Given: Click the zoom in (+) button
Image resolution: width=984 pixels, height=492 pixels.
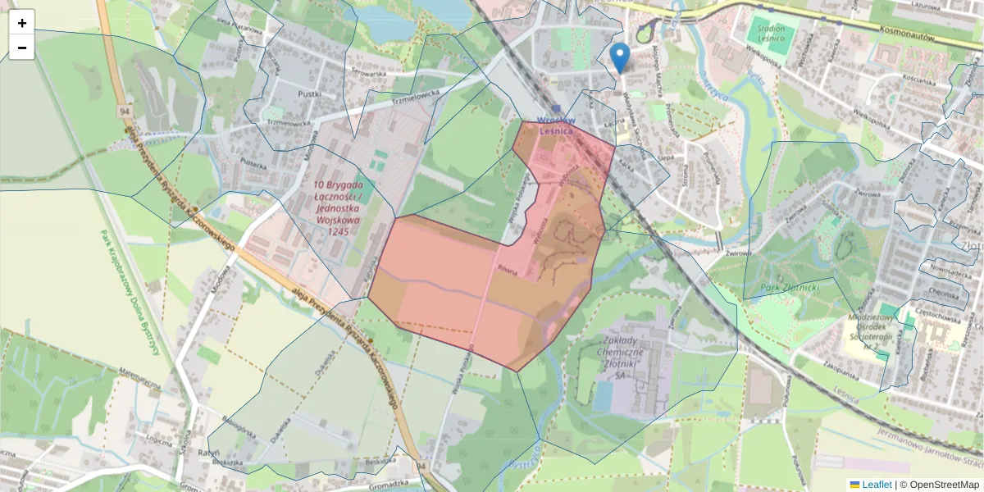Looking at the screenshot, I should [21, 22].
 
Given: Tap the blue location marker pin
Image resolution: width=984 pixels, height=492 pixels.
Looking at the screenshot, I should [621, 58].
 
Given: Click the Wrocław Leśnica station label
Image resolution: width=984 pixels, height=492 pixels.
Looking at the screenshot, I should [555, 125].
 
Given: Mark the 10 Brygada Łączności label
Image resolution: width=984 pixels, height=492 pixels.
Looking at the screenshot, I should [338, 208].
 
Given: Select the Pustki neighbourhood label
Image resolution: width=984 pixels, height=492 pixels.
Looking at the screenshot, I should [309, 94].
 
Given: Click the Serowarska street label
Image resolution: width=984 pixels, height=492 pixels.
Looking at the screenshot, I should [368, 73].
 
